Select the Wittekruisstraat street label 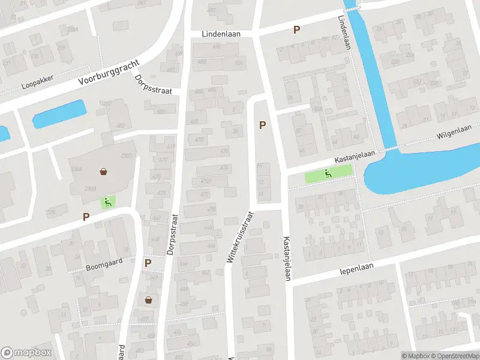[238, 235]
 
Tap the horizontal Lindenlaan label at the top [221, 34]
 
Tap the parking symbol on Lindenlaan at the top [296, 29]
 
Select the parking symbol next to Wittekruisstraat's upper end [262, 125]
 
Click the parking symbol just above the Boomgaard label [148, 263]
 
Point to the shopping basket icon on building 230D [104, 172]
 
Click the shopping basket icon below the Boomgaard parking [148, 299]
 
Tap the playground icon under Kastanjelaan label [328, 174]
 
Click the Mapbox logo [26, 353]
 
